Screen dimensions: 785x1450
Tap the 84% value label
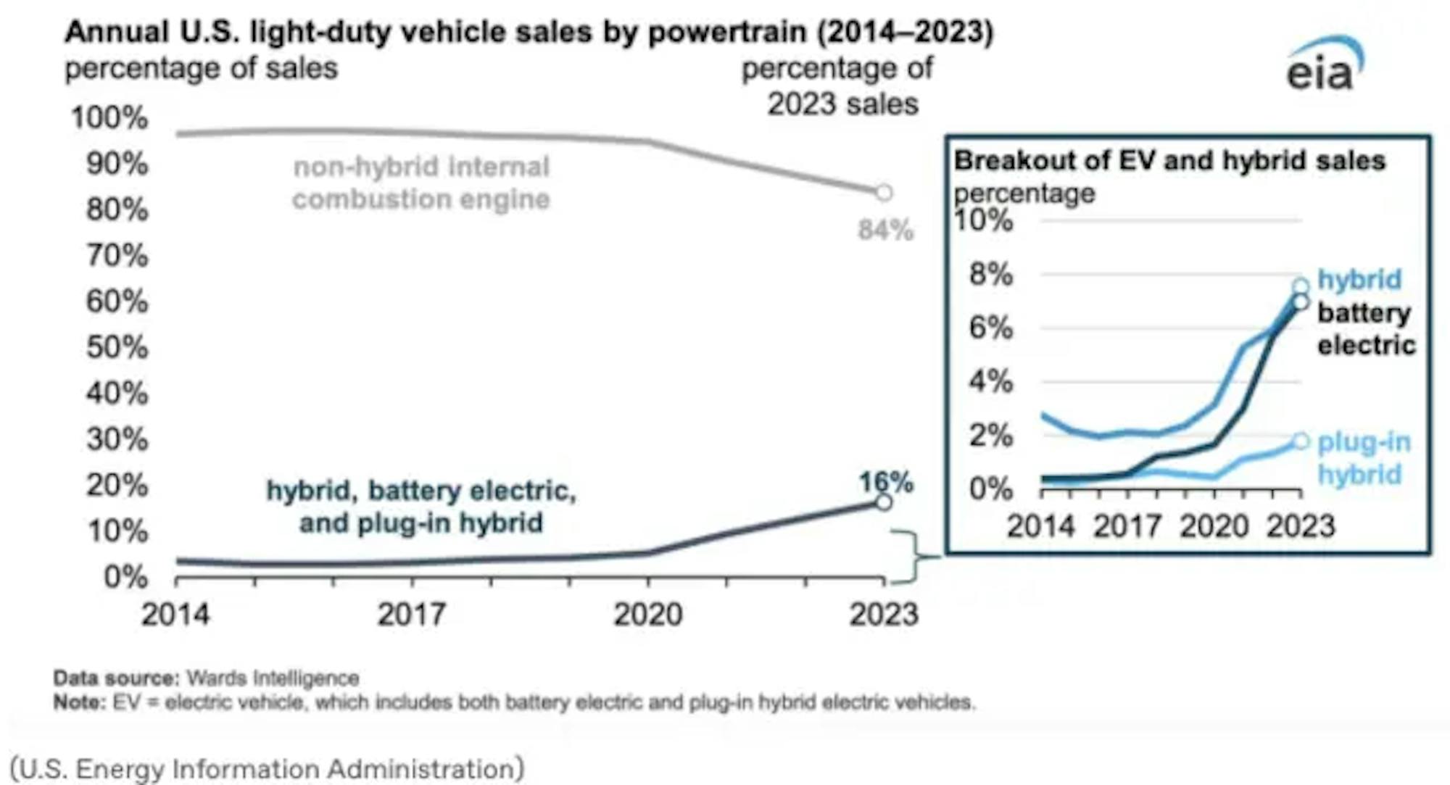coord(885,230)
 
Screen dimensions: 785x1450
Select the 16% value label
coord(885,482)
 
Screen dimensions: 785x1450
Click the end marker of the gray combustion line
coord(884,193)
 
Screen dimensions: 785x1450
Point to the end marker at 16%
coord(883,502)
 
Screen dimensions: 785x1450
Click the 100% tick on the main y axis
coord(109,117)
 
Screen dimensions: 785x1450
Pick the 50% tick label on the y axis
coord(117,347)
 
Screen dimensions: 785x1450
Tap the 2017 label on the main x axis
coord(412,615)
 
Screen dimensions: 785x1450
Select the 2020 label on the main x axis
coord(648,615)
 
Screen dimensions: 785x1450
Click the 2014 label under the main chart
coord(175,615)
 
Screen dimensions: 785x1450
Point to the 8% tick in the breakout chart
coord(991,275)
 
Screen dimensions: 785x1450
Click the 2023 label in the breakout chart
coord(1301,526)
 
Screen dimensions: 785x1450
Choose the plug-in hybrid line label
coord(1364,458)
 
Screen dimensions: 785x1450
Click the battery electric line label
coord(1366,329)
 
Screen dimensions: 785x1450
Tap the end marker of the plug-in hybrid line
coord(1301,441)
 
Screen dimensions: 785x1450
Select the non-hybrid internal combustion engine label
coord(421,183)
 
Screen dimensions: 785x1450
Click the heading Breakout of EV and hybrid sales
coord(1169,160)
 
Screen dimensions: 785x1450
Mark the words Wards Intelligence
coord(273,678)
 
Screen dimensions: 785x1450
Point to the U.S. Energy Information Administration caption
coord(267,768)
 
